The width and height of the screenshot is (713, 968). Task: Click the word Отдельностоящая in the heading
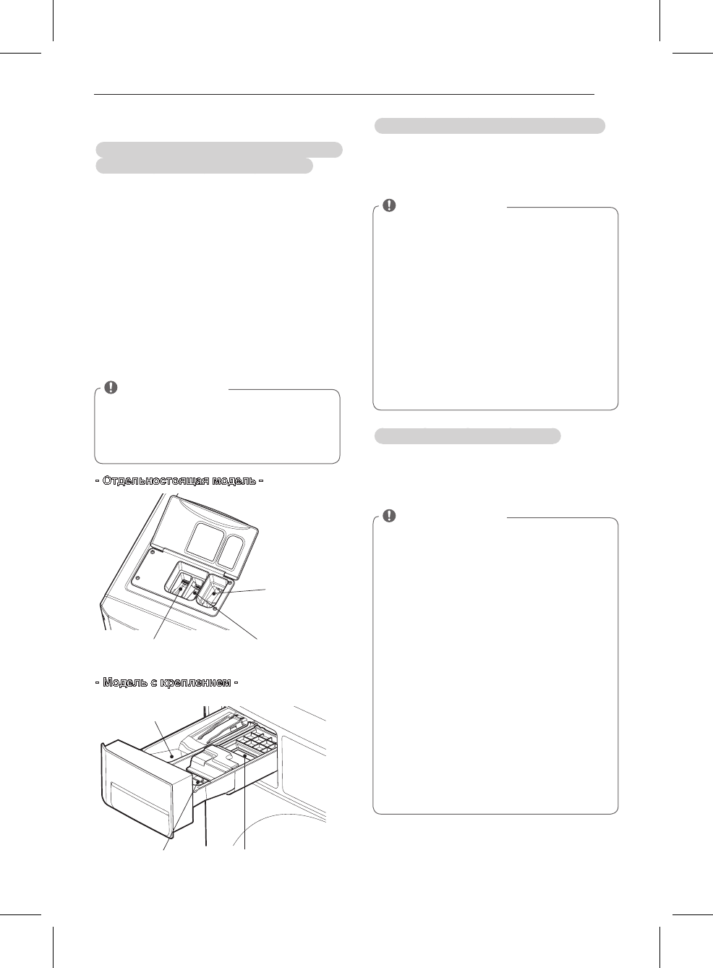coord(153,480)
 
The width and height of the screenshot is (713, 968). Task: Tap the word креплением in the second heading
coord(193,682)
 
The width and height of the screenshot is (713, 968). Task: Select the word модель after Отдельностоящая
coord(231,480)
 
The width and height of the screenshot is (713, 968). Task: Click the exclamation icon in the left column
coord(111,387)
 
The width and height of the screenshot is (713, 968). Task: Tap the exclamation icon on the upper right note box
coord(389,205)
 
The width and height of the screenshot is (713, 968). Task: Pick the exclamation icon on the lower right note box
coord(389,516)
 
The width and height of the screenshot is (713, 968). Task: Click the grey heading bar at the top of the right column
coord(490,126)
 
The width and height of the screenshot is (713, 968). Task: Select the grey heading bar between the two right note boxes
coord(467,436)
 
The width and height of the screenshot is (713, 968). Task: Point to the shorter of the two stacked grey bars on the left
coord(205,166)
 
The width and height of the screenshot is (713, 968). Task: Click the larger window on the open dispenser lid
coord(202,539)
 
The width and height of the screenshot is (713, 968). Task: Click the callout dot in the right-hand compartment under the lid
coord(215,594)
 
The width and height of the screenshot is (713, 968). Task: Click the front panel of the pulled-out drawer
coord(137,789)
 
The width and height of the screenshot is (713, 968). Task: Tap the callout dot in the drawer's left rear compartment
coord(171,756)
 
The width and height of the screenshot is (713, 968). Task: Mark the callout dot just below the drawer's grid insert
coord(245,755)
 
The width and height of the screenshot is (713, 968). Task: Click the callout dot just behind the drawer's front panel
coord(196,782)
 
